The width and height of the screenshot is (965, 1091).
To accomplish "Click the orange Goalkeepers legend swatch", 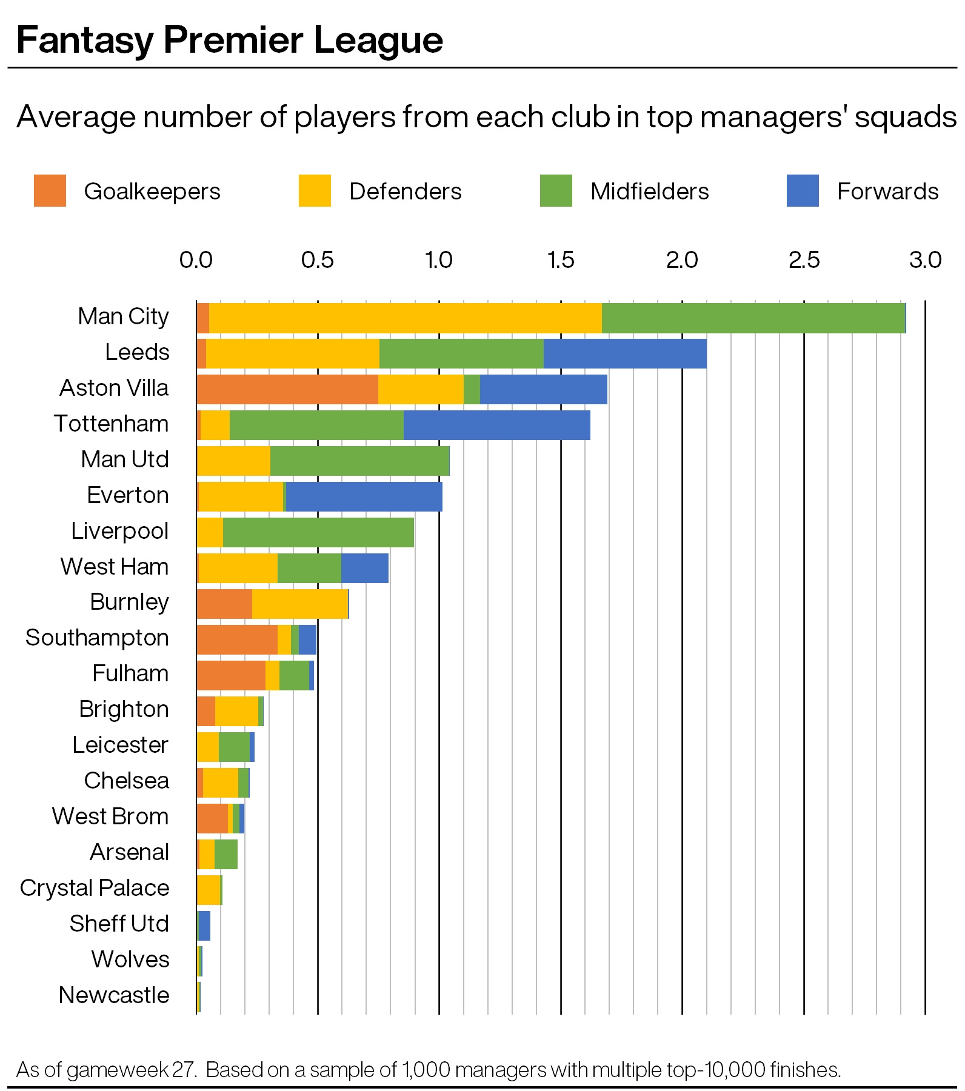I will pos(50,190).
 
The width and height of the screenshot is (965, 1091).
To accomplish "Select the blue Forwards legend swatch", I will pos(802,190).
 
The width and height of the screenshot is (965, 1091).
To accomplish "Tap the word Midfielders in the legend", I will pos(649,192).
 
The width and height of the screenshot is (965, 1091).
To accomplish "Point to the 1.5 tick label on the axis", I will pos(561,260).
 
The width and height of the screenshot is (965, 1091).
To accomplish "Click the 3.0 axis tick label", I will pos(925,260).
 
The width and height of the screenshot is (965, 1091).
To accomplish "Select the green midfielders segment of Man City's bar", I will pos(753,318).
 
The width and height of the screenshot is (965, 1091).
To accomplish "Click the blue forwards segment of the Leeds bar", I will pos(625,354).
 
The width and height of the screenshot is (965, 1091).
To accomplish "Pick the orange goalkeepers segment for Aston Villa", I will pos(287,389).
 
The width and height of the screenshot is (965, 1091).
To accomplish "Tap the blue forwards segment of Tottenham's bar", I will pos(496,425).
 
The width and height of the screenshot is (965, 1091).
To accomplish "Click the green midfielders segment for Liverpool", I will pos(318,533).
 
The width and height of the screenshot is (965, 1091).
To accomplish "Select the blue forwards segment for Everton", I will pos(364,497).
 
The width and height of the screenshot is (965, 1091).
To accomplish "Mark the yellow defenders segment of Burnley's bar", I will pos(300,604).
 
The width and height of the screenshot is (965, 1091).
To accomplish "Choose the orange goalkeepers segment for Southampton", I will pos(237,639).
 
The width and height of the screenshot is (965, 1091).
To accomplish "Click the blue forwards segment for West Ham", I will pos(364,568).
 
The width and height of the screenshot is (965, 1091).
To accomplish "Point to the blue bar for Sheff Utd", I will pos(204,926).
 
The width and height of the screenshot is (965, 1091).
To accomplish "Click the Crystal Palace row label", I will pos(95,888).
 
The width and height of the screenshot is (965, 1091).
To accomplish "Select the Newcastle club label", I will pos(114,995).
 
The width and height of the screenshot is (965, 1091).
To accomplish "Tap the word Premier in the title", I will pos(233,40).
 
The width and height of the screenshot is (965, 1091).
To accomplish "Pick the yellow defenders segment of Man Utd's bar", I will pos(233,461).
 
